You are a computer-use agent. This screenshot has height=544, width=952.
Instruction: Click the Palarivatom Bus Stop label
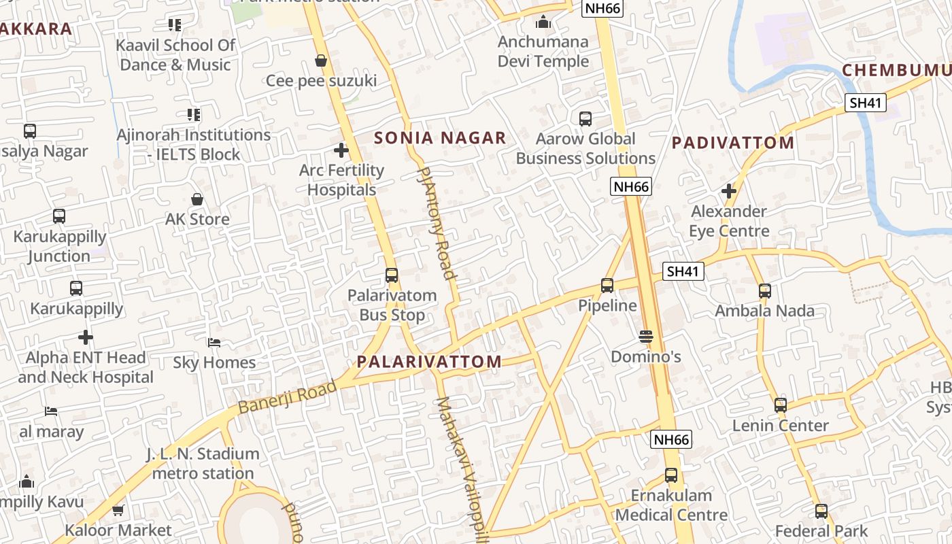pos(392,305)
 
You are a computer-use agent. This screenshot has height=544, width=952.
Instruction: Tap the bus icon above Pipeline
pos(607,286)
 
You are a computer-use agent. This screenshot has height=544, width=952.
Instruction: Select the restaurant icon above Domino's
pos(645,336)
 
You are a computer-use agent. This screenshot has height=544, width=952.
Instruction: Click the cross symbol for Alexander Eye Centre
pos(729,191)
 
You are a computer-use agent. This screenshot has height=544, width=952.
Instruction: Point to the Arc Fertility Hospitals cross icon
pos(341,150)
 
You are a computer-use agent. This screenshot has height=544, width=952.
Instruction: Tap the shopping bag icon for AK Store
pos(197,199)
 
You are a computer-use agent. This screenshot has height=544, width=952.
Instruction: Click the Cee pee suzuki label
pos(321,81)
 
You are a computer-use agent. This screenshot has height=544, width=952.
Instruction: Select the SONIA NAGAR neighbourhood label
pos(440,138)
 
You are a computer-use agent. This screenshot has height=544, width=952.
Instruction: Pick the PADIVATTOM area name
pos(733,143)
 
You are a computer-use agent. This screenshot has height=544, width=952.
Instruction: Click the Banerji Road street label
pos(288,397)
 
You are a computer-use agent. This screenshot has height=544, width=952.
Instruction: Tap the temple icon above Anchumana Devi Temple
pos(543,22)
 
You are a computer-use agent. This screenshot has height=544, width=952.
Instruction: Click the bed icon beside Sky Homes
pos(214,342)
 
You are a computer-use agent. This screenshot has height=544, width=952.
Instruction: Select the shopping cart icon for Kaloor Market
pos(118,510)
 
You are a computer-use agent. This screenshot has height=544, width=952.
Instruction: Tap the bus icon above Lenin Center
pos(781,405)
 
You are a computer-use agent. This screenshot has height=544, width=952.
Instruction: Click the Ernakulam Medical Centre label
pos(671,505)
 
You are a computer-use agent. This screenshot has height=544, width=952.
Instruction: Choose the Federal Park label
pos(821,530)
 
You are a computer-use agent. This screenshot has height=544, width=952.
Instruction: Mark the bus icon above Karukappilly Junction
pos(59,216)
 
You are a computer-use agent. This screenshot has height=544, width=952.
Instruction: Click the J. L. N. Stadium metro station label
pos(203,463)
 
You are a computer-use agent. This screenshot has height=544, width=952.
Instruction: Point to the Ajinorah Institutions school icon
pos(194,115)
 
